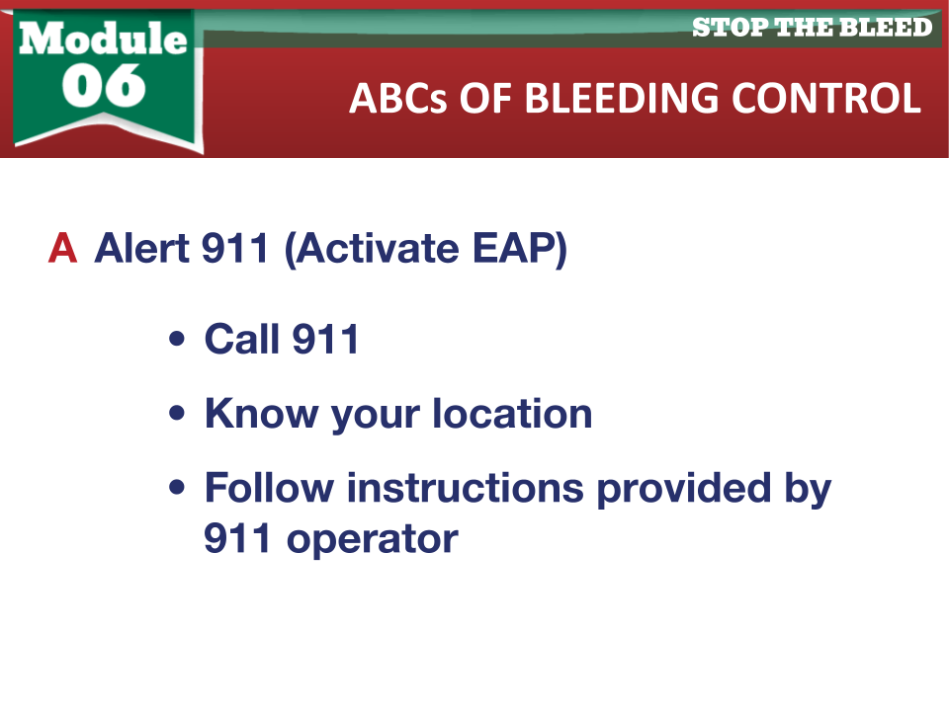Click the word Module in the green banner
103,39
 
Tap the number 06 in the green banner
104,85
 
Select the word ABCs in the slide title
398,98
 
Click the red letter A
63,248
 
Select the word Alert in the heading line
142,248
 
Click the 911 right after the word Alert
235,248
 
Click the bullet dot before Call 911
177,339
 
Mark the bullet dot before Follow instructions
177,487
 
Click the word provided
684,490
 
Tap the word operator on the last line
373,540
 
